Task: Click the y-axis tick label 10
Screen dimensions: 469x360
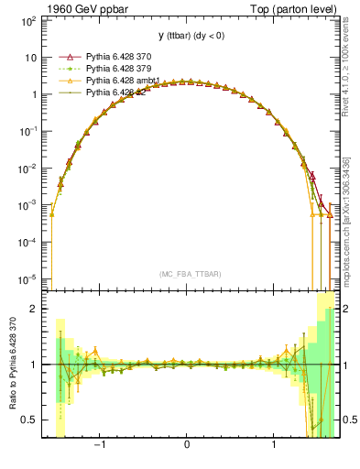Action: [29, 57]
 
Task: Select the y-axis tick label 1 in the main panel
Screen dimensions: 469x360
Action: [32, 94]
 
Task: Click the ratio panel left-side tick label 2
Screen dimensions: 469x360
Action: [33, 309]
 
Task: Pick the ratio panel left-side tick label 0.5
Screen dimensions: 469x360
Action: [29, 420]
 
